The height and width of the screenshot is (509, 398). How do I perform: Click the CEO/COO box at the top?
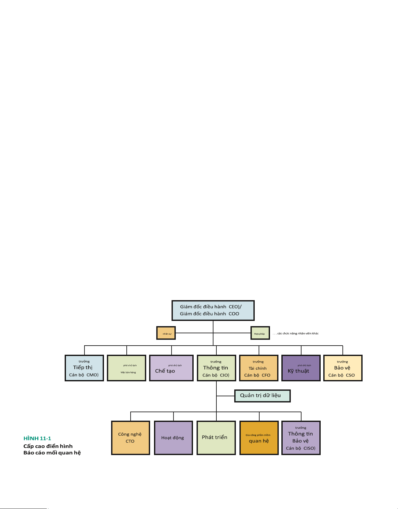click(213, 311)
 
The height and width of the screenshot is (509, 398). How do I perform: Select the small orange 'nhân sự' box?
click(166, 333)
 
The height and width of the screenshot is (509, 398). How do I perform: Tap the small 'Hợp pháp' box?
click(260, 333)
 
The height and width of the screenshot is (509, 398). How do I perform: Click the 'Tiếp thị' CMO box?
click(84, 368)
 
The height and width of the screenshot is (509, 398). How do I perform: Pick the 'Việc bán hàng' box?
click(126, 368)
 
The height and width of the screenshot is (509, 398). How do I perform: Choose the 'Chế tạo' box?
click(171, 368)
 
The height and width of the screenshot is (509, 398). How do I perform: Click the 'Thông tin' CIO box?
click(216, 368)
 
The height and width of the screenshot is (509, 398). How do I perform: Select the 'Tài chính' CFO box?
click(259, 368)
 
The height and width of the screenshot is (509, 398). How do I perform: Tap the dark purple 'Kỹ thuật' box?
click(301, 368)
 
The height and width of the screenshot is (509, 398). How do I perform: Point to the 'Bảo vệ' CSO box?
click(343, 368)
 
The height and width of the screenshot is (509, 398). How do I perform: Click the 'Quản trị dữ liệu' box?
click(262, 396)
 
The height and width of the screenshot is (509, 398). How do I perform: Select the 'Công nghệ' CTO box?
click(131, 438)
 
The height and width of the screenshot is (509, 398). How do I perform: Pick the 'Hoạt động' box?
click(173, 438)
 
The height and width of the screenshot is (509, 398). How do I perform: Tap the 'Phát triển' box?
click(216, 438)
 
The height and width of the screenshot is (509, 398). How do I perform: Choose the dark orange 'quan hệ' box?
click(259, 438)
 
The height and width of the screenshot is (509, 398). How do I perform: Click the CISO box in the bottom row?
click(301, 438)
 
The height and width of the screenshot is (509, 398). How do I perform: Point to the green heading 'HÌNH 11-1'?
click(37, 439)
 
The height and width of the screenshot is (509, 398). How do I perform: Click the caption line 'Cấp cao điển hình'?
click(48, 446)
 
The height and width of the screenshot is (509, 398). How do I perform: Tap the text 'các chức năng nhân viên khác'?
click(298, 334)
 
